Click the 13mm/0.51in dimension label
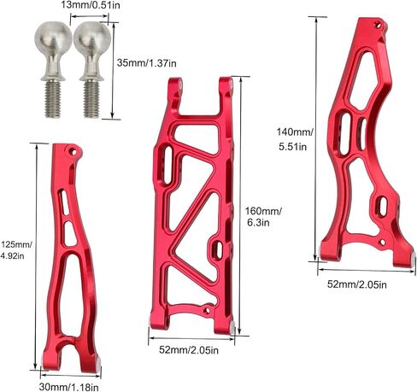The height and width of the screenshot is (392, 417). [91, 5]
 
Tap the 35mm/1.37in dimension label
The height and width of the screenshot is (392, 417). [146, 63]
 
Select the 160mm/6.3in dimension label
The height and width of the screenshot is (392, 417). [263, 217]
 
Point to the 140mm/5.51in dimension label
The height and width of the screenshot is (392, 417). [295, 139]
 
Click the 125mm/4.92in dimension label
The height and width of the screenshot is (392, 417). [16, 250]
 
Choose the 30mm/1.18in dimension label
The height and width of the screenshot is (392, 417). [69, 387]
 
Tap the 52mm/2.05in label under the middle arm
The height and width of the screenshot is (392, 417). [189, 350]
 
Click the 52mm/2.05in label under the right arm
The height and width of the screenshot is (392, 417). [357, 284]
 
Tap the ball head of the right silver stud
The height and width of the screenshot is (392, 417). [92, 38]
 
